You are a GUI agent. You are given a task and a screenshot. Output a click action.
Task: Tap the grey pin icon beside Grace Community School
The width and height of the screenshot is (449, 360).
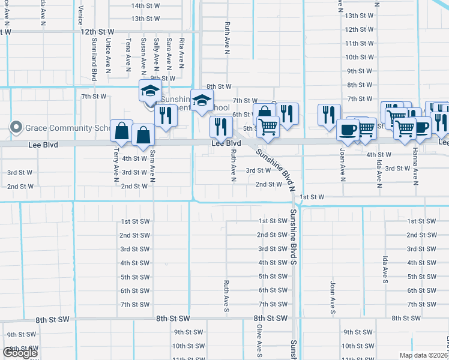tap(16, 127)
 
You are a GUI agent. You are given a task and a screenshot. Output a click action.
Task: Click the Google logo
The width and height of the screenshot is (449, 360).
tap(20, 353)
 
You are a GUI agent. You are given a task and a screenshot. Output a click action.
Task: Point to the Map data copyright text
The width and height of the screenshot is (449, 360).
tap(423, 355)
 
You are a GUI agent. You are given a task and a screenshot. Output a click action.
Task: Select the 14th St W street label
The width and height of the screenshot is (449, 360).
tap(146, 5)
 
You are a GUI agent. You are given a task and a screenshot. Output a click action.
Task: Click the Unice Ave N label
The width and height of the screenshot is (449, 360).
tap(109, 56)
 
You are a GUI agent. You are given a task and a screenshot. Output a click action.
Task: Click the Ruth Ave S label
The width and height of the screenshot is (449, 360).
tap(226, 295)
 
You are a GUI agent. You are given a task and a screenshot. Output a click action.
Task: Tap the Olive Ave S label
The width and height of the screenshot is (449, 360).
tap(260, 339)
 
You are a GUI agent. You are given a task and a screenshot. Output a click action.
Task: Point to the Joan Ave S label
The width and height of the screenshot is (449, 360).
tap(332, 297)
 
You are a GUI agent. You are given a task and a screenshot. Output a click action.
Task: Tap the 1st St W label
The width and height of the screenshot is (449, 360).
tap(312, 197)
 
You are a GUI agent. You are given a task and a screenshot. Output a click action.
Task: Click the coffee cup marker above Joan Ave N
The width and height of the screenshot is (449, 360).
tap(348, 130)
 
